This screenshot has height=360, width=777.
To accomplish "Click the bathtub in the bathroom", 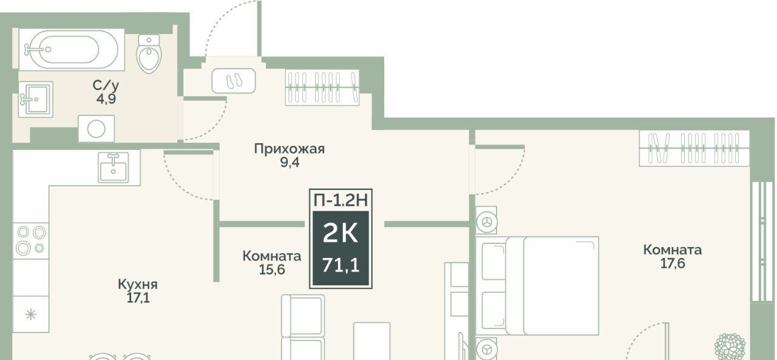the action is click(x=72, y=49).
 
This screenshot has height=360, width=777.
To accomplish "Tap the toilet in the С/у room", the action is click(x=149, y=53).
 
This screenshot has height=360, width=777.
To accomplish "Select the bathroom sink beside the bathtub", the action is click(x=35, y=100).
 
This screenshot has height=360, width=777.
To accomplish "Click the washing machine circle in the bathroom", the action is click(x=96, y=129).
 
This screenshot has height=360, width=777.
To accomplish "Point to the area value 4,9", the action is click(x=106, y=99).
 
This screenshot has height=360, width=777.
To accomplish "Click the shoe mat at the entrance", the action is click(x=234, y=81).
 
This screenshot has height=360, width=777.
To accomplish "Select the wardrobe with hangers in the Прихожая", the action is click(x=322, y=87).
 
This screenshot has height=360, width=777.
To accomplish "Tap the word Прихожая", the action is click(x=290, y=149).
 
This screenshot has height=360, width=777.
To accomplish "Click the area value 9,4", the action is click(x=290, y=162).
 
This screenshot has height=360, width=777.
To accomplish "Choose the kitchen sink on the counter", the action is click(x=113, y=167).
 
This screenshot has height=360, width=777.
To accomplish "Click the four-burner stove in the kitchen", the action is click(x=31, y=240).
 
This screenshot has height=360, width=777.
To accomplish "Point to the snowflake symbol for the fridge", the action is click(x=31, y=314).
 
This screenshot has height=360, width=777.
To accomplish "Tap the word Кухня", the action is click(x=138, y=284).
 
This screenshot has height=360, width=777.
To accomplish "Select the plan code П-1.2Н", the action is click(x=341, y=200).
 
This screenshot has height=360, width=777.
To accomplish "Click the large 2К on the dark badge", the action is click(x=341, y=233).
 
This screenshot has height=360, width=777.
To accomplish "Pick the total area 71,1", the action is click(x=341, y=265).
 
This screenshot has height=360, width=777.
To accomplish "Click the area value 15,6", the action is click(x=272, y=270).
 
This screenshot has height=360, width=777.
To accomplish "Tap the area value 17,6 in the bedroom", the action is click(x=673, y=263).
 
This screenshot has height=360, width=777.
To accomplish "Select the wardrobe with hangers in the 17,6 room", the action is click(x=694, y=148).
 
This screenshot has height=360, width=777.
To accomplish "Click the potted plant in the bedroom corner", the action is click(x=730, y=347).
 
